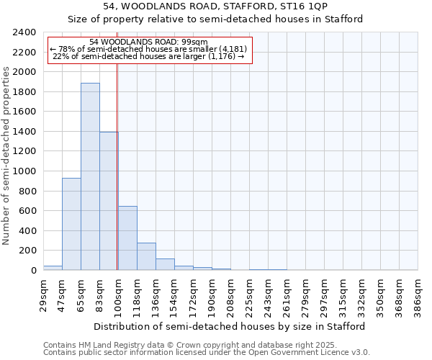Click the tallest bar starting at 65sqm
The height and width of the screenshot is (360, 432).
click(90, 176)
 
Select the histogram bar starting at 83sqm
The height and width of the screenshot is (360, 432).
click(109, 201)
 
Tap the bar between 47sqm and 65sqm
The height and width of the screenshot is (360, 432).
click(71, 224)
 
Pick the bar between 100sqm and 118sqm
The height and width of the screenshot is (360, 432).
click(127, 238)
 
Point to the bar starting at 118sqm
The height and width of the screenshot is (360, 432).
click(146, 256)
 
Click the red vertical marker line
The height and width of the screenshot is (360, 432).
click(117, 166)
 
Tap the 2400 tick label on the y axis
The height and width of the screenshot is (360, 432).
click(24, 32)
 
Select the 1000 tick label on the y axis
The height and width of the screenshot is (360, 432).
click(24, 171)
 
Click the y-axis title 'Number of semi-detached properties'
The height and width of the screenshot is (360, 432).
click(7, 155)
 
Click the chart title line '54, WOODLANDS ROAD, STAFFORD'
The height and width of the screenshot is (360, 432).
click(215, 6)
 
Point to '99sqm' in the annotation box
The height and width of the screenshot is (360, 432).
click(194, 42)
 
